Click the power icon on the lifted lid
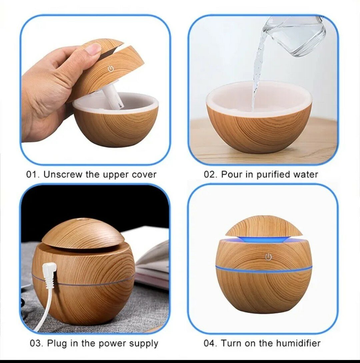[x=111, y=69]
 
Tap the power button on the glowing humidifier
[x=268, y=257]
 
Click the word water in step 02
[x=306, y=174]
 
